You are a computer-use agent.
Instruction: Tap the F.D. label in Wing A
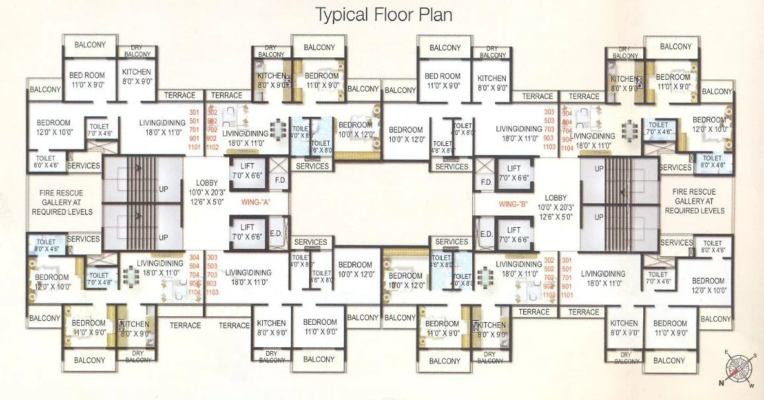pos(280,180)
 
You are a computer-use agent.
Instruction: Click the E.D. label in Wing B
pos(487,234)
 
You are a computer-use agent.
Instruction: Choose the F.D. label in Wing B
pos(487,182)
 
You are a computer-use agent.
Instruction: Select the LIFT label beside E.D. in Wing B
pos(514,230)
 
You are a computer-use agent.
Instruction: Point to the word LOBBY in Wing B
pos(555,197)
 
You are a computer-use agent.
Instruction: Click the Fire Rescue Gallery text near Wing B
pos(694,201)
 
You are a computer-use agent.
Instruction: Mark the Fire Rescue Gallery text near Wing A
pos(62,203)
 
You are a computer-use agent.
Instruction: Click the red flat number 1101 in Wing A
pos(195,147)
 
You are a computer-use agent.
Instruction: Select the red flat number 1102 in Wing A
pos(212,147)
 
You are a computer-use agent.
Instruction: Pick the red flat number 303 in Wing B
pos(549,112)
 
